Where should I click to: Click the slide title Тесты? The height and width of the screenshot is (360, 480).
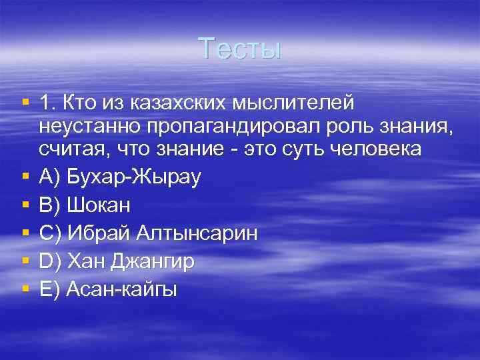pyautogui.click(x=240, y=49)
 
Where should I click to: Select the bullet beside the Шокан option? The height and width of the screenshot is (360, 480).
pyautogui.click(x=25, y=204)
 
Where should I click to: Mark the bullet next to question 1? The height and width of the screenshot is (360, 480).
pyautogui.click(x=25, y=103)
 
